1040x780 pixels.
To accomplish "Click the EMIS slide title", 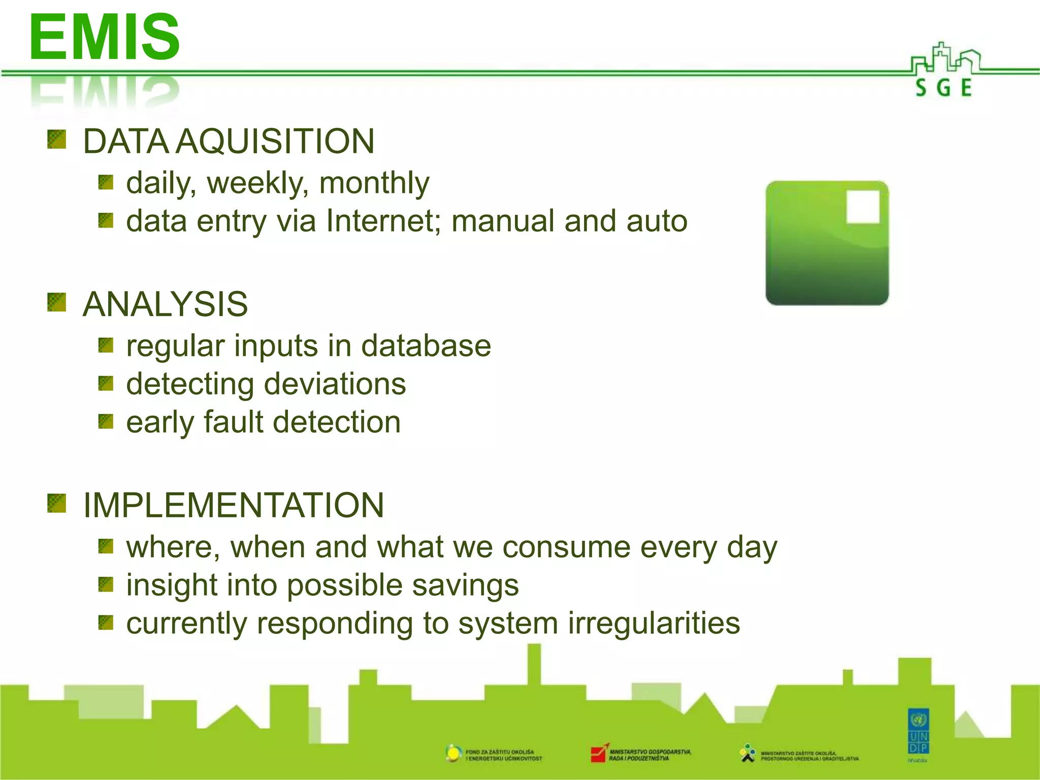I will (104, 37).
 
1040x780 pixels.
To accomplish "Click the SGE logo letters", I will (944, 88).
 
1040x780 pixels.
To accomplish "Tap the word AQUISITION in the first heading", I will (276, 141).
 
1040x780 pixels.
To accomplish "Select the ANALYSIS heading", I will (166, 304).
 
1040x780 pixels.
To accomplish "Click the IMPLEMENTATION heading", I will (234, 505).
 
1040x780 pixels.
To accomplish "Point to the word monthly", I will (374, 183).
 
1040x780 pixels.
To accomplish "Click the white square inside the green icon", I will (863, 207).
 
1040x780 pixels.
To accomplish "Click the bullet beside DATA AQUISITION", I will (57, 139).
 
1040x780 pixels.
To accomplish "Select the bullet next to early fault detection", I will (106, 421).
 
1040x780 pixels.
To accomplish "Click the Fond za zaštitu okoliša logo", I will (453, 753).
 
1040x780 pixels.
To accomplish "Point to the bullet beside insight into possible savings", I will (106, 584).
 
